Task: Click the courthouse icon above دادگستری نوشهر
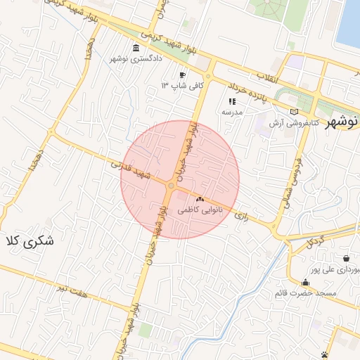coord(136,48)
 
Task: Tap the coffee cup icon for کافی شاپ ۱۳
coord(183,75)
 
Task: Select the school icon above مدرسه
coord(232,101)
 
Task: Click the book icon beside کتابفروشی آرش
coord(294,112)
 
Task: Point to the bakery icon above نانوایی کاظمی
coord(200,199)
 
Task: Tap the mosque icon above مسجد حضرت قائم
coord(305,282)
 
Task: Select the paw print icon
coord(324,354)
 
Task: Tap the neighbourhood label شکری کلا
coord(29,240)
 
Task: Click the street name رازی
coord(243,212)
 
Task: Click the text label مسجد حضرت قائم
coord(308,292)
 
